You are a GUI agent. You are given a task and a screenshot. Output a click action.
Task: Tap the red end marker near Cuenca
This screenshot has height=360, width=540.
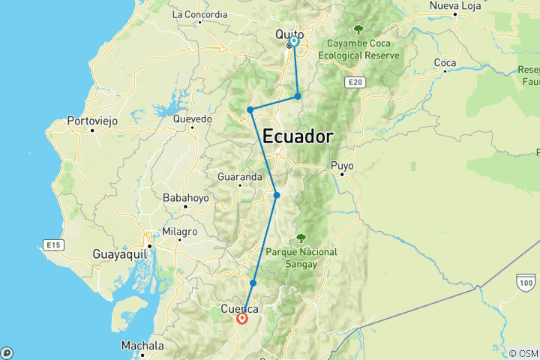(242, 319)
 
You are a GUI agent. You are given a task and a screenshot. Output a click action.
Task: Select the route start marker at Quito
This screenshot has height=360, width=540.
(294, 42)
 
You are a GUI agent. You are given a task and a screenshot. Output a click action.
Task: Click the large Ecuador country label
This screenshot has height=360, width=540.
(298, 136)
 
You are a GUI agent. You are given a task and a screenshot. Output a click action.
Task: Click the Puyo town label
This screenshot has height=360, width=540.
(342, 165)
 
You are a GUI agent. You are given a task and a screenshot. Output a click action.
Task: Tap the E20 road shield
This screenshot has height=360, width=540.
(355, 80)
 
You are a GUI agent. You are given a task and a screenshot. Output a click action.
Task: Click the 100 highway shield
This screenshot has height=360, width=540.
(524, 280)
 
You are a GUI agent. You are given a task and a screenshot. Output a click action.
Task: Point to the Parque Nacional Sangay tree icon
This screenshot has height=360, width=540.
(301, 238)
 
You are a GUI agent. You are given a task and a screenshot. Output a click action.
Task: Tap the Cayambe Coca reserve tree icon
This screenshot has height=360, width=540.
(358, 29)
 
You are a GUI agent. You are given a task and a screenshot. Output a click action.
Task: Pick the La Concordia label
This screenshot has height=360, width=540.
(199, 13)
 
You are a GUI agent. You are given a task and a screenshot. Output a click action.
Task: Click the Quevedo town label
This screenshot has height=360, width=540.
(193, 118)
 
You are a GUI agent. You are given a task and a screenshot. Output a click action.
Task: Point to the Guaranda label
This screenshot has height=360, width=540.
(239, 177)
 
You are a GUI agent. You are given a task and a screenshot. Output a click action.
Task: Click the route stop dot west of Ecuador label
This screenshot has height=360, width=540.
(250, 110)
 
